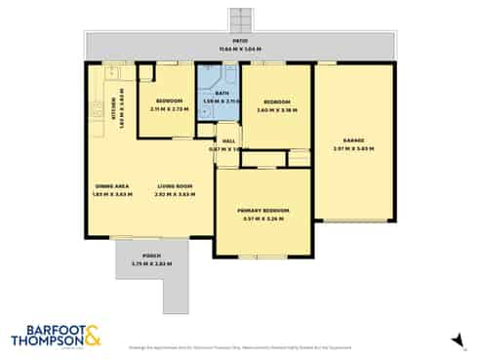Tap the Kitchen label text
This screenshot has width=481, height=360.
click(x=113, y=101)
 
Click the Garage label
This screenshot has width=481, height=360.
click(x=353, y=140)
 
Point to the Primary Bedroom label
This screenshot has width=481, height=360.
click(x=262, y=210)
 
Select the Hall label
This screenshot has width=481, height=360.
click(x=229, y=141)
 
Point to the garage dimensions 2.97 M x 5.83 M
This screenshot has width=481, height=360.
click(x=353, y=148)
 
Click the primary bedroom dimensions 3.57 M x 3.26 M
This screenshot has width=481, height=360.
click(x=262, y=219)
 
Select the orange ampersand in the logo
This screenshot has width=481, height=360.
click(x=92, y=338)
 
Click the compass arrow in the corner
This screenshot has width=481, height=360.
click(x=454, y=339)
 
